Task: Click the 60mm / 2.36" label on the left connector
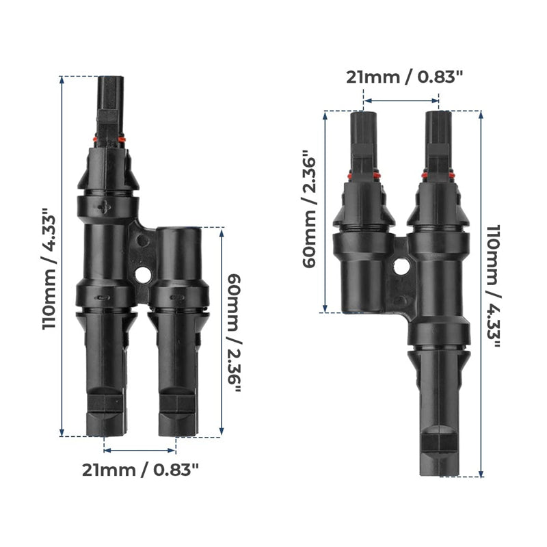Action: pyautogui.click(x=234, y=334)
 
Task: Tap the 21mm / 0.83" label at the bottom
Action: pyautogui.click(x=140, y=470)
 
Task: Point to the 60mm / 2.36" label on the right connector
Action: pyautogui.click(x=310, y=210)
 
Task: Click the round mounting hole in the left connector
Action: pyautogui.click(x=144, y=275)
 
